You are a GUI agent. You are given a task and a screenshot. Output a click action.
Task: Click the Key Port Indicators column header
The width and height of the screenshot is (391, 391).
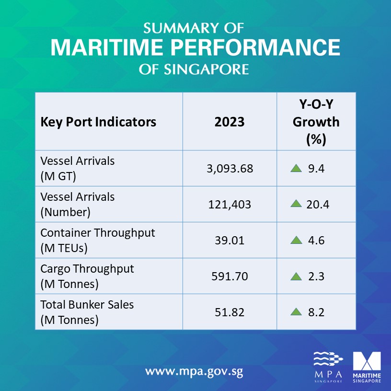point(98,122)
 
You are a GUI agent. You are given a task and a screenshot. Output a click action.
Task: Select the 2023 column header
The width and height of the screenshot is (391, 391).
point(230,122)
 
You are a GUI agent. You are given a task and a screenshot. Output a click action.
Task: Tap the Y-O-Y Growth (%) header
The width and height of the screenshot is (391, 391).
point(316,122)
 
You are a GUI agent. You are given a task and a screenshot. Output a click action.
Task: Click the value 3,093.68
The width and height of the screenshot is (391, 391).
point(230,169)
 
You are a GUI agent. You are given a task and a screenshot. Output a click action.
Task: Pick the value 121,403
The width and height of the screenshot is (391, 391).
point(230,205)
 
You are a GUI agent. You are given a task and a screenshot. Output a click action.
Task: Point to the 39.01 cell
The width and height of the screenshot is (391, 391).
point(230,241)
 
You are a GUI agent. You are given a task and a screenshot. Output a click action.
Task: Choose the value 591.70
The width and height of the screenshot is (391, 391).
point(230,276)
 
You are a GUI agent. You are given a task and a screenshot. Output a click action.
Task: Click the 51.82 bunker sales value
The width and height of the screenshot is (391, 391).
point(230,312)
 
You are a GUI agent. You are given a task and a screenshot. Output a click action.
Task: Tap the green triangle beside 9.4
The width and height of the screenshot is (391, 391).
point(296,168)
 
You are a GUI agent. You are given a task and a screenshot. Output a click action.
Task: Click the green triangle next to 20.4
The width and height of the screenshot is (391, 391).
point(296,204)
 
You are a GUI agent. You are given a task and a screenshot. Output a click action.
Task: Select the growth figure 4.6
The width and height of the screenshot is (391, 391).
point(317,241)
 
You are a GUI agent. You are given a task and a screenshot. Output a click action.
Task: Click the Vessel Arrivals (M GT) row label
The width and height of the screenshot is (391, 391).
point(77,169)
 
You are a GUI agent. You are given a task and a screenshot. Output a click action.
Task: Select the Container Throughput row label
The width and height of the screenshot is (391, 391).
point(97,241)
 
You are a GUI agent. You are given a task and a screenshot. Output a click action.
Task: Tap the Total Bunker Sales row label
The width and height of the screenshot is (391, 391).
point(87,312)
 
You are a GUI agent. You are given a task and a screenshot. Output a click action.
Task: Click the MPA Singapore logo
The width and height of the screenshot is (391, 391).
point(328,367)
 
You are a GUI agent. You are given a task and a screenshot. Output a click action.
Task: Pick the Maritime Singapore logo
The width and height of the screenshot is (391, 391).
point(367,367)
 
